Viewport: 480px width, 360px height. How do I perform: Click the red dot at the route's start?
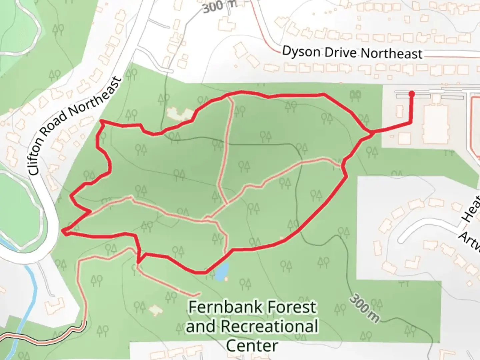[x=411, y=94]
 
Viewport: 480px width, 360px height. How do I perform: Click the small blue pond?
[x=222, y=271]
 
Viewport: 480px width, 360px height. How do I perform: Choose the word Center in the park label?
[x=252, y=345]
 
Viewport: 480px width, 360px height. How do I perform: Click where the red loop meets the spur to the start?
[x=372, y=133]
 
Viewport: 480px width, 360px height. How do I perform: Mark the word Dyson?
[x=301, y=52]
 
